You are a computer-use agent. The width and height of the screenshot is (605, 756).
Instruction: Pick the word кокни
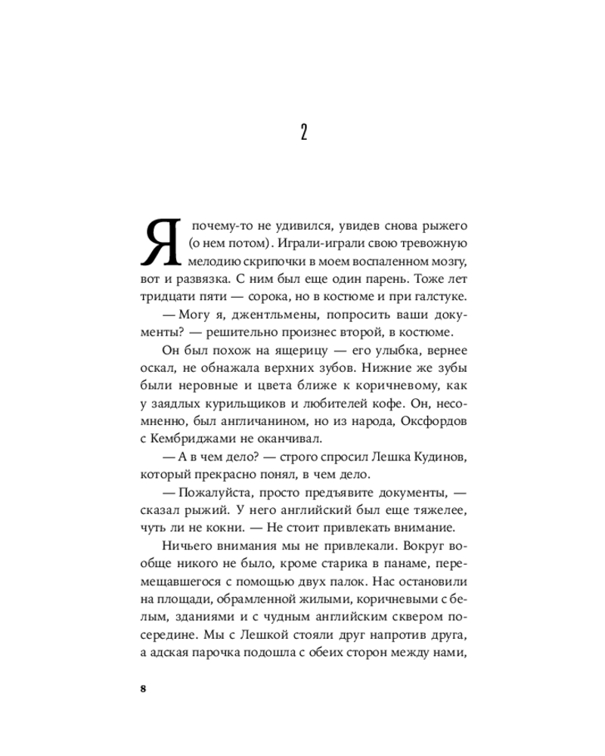tap(234, 527)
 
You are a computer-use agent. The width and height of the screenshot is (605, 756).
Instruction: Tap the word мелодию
tap(213, 262)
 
